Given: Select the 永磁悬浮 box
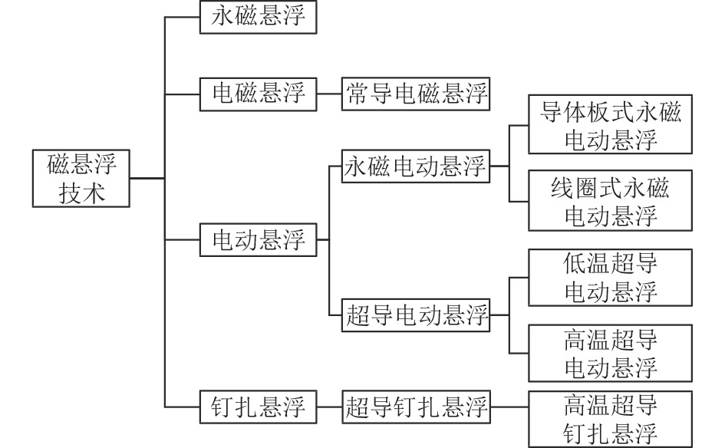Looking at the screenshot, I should tap(258, 18).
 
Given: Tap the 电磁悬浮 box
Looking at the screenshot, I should tap(258, 94).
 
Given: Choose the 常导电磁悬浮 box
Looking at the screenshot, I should tap(416, 94).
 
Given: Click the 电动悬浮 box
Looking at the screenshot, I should tap(258, 240).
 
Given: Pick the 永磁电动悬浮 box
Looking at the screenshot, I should tap(416, 166).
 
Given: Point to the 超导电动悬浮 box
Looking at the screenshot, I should tap(416, 315).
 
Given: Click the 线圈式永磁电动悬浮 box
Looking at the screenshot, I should tap(611, 201).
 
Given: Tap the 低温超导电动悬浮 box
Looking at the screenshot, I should tap(611, 277).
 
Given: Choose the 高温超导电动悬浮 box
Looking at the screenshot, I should tap(611, 352).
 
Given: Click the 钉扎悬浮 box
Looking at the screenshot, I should tap(258, 407).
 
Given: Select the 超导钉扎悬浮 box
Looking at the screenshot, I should tap(416, 407).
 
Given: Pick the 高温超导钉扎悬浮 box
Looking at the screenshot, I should tap(611, 419).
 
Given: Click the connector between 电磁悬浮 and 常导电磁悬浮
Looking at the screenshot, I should tap(328, 94).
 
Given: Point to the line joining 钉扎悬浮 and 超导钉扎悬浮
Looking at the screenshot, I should tap(328, 407).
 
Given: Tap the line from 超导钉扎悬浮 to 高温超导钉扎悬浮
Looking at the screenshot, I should tap(509, 407).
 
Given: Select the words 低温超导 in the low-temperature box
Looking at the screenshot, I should tap(611, 264).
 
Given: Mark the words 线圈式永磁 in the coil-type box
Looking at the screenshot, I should tap(611, 188).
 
